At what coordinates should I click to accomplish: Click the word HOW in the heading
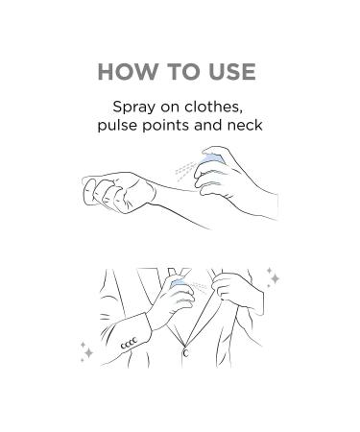click(x=128, y=71)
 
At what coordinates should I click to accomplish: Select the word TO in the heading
click(x=183, y=71)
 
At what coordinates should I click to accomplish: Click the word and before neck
click(x=208, y=125)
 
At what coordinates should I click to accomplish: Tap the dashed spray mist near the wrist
click(x=185, y=170)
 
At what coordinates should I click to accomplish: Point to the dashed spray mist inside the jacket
click(x=200, y=286)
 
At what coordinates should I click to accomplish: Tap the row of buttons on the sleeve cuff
click(x=129, y=343)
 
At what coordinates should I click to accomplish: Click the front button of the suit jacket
click(x=185, y=352)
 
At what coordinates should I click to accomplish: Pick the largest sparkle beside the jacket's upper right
click(x=275, y=278)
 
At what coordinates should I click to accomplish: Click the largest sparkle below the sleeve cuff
click(x=88, y=353)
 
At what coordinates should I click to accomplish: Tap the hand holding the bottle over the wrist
click(x=230, y=180)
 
